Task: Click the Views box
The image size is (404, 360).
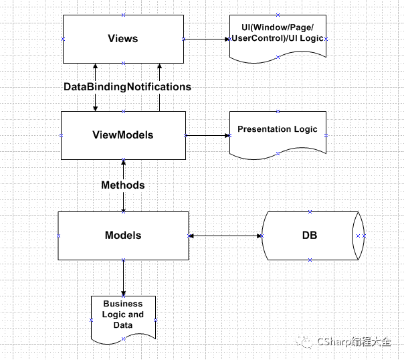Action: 122,39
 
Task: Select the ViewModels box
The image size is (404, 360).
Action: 122,135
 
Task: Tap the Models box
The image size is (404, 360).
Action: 123,236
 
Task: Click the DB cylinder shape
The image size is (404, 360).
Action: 309,236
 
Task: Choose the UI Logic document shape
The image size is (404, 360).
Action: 278,37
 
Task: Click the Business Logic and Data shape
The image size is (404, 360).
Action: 123,316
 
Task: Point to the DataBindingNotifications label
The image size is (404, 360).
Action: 127,87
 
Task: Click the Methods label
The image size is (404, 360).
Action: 122,185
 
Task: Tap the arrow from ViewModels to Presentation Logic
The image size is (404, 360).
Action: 207,135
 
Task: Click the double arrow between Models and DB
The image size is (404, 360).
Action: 225,236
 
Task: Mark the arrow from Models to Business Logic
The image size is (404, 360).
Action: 123,277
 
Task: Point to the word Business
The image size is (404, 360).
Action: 122,304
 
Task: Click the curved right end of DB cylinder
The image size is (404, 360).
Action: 360,236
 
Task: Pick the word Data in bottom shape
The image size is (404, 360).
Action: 122,325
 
